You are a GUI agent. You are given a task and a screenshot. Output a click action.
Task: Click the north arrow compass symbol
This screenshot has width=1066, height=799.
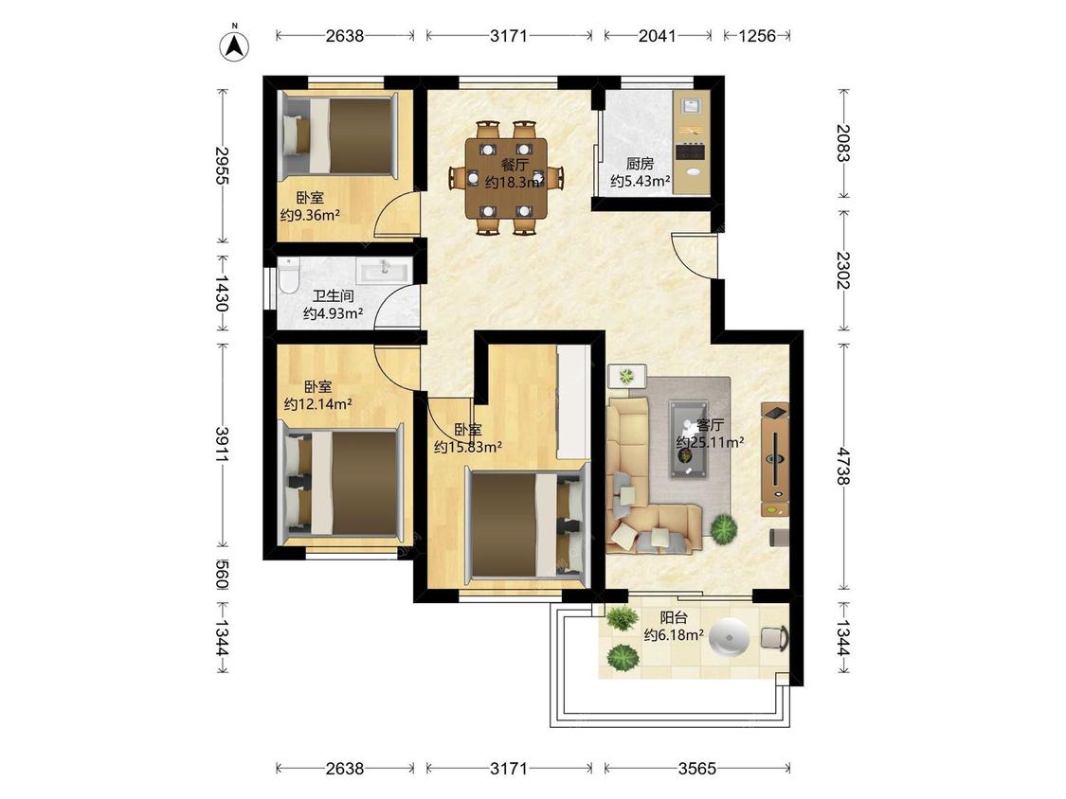pyautogui.click(x=234, y=45)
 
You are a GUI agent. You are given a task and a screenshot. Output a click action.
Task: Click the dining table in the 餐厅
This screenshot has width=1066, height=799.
pyautogui.click(x=506, y=178)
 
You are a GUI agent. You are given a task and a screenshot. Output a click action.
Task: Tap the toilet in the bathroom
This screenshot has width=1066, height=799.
pyautogui.click(x=288, y=275)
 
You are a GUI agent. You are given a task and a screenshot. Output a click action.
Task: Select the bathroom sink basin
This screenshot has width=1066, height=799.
pyautogui.click(x=384, y=271)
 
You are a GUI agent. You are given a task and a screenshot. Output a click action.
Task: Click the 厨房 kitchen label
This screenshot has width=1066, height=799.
pyautogui.click(x=640, y=164)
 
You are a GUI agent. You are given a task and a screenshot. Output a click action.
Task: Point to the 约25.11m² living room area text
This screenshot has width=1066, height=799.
pyautogui.click(x=709, y=442)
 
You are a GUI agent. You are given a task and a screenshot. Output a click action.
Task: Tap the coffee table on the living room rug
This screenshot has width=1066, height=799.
pyautogui.click(x=688, y=439)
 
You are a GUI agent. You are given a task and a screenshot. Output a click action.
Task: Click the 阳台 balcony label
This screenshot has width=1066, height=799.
pyautogui.click(x=674, y=617)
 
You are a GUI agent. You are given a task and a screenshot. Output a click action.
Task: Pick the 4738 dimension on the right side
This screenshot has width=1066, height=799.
pyautogui.click(x=843, y=466)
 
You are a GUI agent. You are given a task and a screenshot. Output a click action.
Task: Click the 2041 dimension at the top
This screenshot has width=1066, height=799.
pyautogui.click(x=657, y=35)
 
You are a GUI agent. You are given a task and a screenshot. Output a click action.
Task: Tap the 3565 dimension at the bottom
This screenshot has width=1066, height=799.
pyautogui.click(x=696, y=768)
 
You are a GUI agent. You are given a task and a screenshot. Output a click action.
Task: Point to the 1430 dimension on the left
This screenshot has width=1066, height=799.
pyautogui.click(x=222, y=293)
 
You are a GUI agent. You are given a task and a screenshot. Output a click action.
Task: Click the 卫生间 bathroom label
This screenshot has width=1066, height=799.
pyautogui.click(x=334, y=296)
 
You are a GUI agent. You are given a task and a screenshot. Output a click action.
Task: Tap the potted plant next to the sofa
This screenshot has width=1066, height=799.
pyautogui.click(x=723, y=528)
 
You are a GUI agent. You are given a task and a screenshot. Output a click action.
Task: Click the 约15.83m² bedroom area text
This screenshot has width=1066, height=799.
pyautogui.click(x=468, y=447)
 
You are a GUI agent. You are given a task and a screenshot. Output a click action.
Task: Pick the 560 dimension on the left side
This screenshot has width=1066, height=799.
pyautogui.click(x=222, y=574)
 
